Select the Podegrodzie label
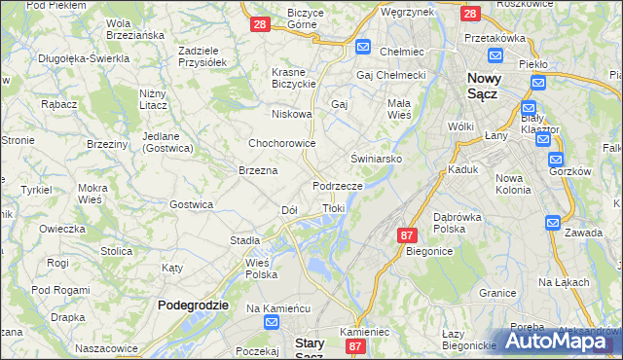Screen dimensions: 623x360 (x=193, y=305)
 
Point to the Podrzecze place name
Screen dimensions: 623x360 (x=338, y=186)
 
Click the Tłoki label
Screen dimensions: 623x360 (x=333, y=208)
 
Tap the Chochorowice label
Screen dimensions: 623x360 (x=281, y=143)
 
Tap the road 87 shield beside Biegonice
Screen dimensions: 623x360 (x=408, y=235)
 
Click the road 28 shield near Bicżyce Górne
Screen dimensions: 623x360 (x=260, y=24)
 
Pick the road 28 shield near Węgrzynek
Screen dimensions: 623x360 (x=469, y=14)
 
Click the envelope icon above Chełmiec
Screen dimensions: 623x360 (x=363, y=46)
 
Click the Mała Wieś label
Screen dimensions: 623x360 (x=399, y=108)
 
